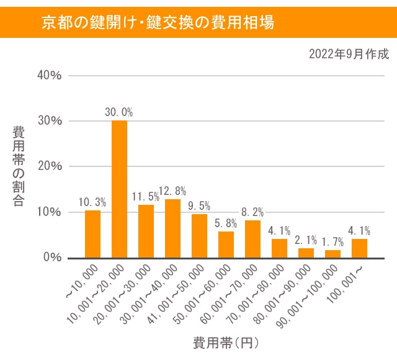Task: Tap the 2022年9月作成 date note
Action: [349, 54]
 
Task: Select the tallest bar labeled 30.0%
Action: [119, 189]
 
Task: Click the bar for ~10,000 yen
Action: [92, 234]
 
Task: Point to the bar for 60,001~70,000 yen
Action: [252, 239]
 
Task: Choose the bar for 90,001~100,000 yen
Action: [332, 253]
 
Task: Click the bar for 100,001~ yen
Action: [359, 248]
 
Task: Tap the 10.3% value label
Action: [93, 202]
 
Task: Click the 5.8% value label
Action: [226, 222]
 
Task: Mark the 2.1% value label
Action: [305, 240]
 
